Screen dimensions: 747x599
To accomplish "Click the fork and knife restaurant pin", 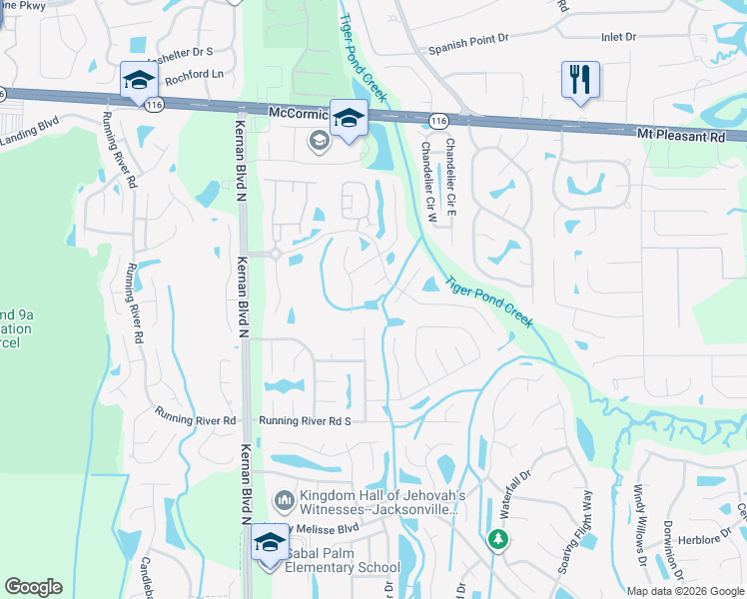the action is point(580,79).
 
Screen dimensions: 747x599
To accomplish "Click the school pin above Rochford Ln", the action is point(139,79).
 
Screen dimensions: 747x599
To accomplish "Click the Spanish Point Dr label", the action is point(468,47).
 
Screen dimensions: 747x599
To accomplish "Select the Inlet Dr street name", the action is point(618,37).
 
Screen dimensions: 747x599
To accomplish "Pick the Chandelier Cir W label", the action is point(426,176).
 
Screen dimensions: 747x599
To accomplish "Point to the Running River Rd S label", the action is point(306,421).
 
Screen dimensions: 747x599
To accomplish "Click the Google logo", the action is point(33,587).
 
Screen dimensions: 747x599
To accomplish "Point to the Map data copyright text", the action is point(685,591).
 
